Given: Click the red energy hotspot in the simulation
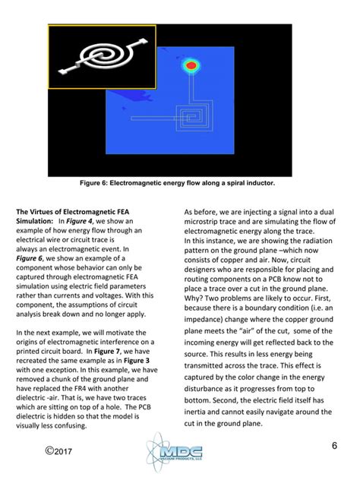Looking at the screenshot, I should pyautogui.click(x=191, y=66).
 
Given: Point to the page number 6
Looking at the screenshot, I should pyautogui.click(x=333, y=445).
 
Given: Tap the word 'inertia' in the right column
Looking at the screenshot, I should pyautogui.click(x=201, y=407).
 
